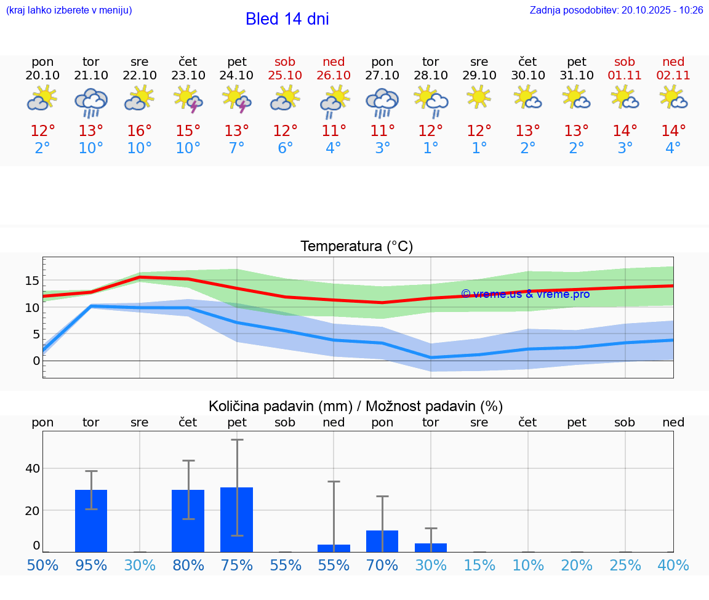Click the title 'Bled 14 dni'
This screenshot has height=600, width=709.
tap(287, 19)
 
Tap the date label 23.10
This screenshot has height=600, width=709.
tap(188, 75)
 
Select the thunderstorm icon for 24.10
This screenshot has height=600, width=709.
tap(237, 99)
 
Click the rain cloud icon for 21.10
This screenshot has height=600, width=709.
tap(91, 102)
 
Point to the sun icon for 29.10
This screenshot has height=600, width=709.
tap(479, 97)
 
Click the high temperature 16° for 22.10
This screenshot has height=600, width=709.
tap(140, 131)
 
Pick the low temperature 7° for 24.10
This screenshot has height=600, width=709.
tap(237, 148)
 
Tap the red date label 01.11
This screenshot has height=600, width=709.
tap(625, 75)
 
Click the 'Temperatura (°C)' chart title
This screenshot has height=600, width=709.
tap(357, 246)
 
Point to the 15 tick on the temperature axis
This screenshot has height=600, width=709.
tap(32, 281)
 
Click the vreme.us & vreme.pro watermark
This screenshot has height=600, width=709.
tap(525, 294)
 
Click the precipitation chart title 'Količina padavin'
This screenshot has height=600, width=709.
tap(356, 406)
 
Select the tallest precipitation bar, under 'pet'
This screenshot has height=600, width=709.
tap(237, 519)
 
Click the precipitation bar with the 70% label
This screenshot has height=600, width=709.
tap(382, 541)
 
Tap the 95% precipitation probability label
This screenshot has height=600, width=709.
tap(91, 565)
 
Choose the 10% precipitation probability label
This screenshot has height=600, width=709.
tap(528, 565)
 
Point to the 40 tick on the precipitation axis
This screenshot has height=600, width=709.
tap(32, 468)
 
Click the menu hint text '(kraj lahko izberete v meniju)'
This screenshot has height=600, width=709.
tap(68, 10)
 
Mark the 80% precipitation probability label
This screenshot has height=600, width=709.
tap(188, 565)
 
